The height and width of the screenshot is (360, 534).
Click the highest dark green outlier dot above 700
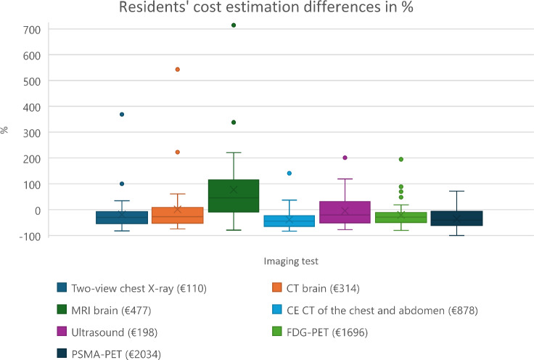234,25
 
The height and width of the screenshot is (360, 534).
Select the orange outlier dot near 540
178,70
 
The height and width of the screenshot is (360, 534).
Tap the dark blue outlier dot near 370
122,115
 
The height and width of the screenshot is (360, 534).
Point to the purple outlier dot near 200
345,157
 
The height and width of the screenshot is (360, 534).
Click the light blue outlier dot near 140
289,173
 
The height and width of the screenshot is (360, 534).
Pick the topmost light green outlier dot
401,160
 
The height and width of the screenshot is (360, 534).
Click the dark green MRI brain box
234,196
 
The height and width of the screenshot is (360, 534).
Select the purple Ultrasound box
345,212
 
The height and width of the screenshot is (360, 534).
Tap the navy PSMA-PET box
456,218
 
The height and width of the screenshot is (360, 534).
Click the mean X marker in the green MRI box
234,189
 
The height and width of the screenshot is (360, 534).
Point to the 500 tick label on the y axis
32,82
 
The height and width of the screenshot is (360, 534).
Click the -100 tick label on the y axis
30,237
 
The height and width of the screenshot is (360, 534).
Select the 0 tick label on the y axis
38,210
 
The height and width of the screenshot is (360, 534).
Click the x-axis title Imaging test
291,261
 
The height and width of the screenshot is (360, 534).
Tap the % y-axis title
4,130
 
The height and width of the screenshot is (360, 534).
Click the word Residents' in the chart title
154,7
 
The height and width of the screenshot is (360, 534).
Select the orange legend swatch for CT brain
277,287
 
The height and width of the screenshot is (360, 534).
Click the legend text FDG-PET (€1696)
327,332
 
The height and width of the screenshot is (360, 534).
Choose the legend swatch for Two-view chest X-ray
62,287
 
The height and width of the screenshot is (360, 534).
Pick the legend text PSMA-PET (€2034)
116,354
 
